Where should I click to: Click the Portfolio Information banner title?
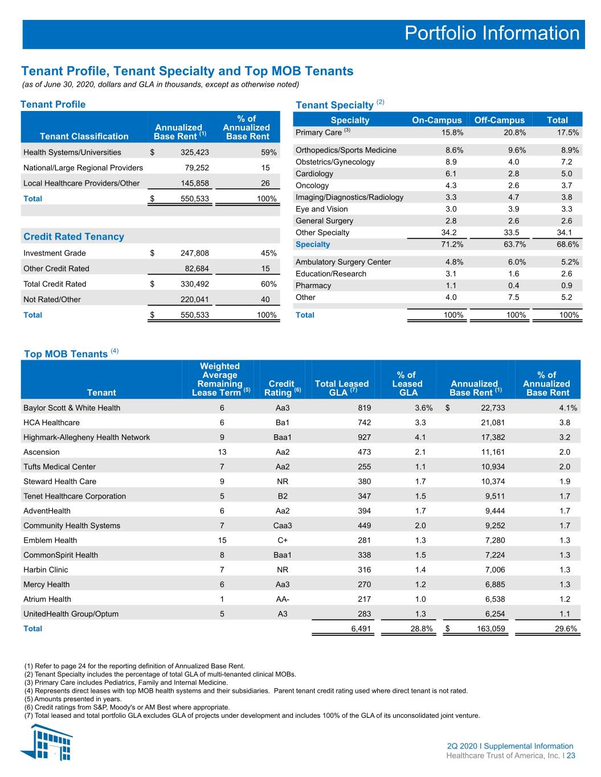[492, 33]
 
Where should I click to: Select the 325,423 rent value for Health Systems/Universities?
[195, 153]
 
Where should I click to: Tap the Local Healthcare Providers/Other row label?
[81, 183]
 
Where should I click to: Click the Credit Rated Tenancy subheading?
[73, 236]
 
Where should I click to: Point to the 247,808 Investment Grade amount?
[195, 253]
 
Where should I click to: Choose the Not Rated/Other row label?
[52, 299]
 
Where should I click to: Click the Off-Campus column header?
[500, 120]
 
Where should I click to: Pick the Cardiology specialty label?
[314, 174]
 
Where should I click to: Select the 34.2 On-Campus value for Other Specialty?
[449, 232]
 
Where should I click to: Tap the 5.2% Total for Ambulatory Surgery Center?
[570, 262]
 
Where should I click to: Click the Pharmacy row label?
[313, 285]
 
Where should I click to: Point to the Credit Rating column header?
[282, 388]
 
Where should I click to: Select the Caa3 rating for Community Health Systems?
[283, 525]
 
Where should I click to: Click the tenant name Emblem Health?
[50, 540]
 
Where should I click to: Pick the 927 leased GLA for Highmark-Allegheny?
[364, 437]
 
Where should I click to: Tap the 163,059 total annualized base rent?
[491, 628]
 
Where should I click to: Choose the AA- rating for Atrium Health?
[283, 599]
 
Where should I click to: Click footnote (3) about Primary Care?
[126, 683]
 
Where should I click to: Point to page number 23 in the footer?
[571, 755]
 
